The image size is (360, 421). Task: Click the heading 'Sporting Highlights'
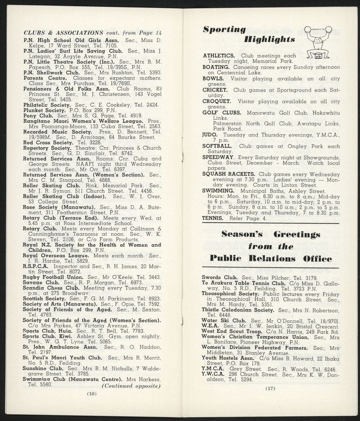(249, 34)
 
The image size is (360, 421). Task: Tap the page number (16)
(91, 393)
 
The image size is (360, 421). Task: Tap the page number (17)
(270, 388)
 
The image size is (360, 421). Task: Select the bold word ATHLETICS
(219, 56)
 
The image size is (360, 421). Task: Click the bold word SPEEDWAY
(218, 157)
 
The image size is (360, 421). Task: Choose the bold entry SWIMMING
(219, 191)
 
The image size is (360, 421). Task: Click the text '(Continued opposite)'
(130, 386)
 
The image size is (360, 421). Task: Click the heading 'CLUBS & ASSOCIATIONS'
(64, 32)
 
